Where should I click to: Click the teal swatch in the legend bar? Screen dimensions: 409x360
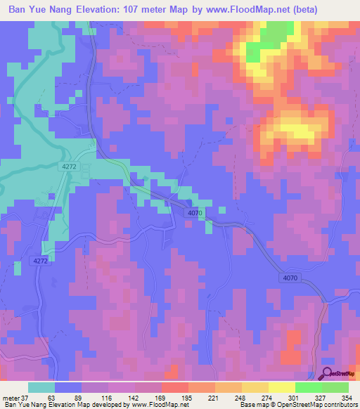point(41,387)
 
